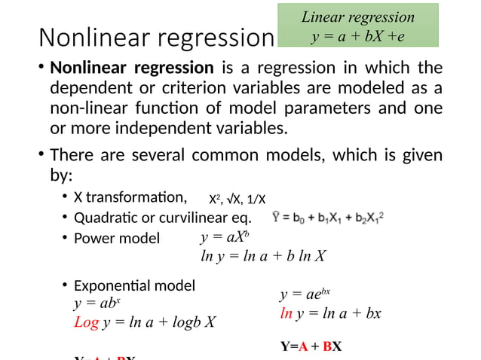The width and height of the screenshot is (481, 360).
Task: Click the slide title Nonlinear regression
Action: coord(155,38)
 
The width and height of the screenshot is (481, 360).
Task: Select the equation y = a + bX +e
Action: coord(358,35)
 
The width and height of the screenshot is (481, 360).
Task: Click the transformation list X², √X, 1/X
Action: coord(237,200)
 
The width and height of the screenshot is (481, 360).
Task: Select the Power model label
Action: coord(117,239)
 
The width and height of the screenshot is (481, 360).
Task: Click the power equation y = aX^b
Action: coord(220,238)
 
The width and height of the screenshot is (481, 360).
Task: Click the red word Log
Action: coord(86,323)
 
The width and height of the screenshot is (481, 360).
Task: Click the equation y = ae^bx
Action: coord(305,294)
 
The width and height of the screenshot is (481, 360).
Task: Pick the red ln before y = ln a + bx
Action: coord(286,313)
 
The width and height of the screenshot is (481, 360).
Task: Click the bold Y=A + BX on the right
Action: coord(311,347)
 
